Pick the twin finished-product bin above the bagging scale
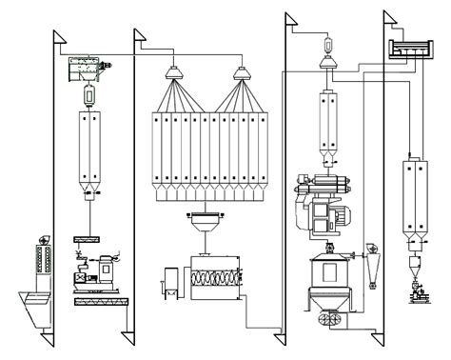tap(415, 195)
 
